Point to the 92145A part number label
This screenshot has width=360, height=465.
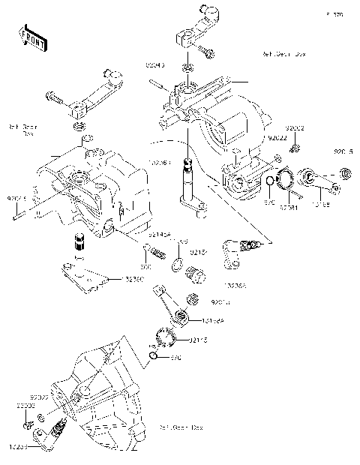pyautogui.click(x=158, y=235)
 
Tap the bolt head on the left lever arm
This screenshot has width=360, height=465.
pyautogui.click(x=52, y=96)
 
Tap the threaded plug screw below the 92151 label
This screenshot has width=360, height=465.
pyautogui.click(x=196, y=274)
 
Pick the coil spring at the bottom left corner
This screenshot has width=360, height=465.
pyautogui.click(x=56, y=432)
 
